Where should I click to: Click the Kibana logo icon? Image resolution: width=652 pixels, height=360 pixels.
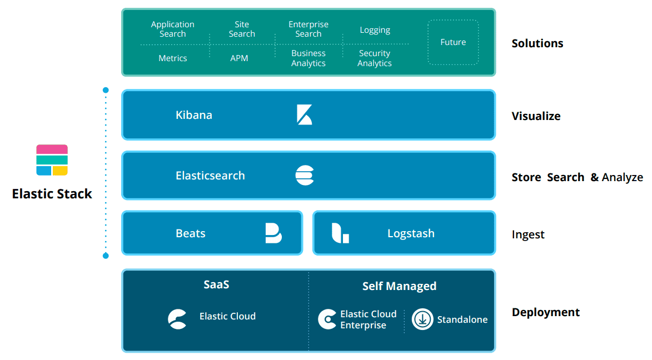click(304, 115)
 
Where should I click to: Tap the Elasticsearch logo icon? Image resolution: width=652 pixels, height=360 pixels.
click(305, 176)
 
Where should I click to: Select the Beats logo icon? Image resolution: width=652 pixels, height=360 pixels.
click(273, 233)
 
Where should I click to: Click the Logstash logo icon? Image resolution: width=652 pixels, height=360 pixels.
click(340, 233)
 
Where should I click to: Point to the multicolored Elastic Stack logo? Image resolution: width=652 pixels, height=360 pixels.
click(52, 160)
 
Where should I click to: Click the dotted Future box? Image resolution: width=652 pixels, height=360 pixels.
click(453, 42)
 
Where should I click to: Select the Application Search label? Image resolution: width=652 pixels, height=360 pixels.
click(173, 29)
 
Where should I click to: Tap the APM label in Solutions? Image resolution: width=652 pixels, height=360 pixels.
click(239, 58)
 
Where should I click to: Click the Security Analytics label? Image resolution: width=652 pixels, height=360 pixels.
click(374, 58)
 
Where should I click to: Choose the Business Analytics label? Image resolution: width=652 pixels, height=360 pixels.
click(308, 58)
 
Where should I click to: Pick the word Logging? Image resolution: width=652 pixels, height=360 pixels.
click(375, 30)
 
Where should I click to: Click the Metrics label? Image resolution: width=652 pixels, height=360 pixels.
click(173, 58)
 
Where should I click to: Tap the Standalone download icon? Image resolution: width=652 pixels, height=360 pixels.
click(422, 319)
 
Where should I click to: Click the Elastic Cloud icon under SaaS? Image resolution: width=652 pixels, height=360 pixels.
click(177, 319)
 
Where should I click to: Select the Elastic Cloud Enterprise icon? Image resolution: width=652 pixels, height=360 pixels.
click(327, 319)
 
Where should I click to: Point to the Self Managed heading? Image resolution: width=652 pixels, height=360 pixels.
click(399, 286)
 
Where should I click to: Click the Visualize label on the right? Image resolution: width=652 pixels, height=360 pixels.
click(536, 116)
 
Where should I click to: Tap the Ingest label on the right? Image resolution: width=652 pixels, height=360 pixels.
click(528, 234)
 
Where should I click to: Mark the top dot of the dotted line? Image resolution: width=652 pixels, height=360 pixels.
click(106, 90)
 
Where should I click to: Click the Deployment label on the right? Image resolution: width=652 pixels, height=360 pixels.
click(545, 312)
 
